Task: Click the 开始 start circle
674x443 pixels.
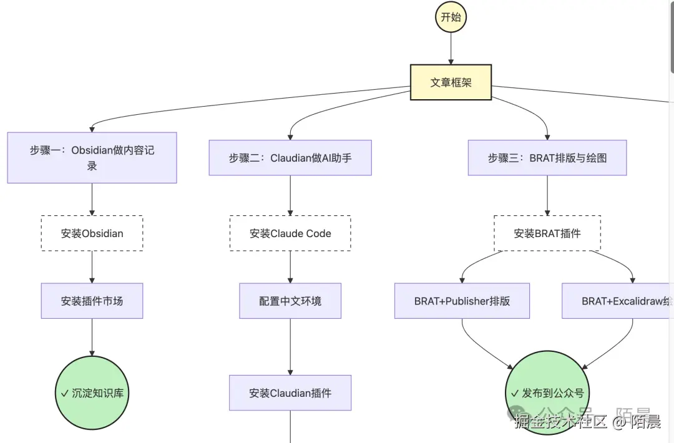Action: (451, 17)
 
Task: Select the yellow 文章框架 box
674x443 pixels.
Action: (451, 82)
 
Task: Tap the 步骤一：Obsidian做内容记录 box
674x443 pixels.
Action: (92, 157)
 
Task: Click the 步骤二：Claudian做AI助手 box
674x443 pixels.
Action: (290, 158)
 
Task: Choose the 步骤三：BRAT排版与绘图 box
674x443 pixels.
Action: (547, 158)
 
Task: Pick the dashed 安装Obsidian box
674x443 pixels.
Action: (92, 233)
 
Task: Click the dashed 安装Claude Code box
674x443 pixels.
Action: (290, 233)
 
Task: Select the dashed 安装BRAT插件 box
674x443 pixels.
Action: (547, 233)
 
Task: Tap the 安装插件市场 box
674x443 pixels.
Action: (92, 301)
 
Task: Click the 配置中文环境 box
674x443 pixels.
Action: (290, 301)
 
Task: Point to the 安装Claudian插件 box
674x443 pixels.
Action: (290, 392)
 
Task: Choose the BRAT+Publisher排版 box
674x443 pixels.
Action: (462, 301)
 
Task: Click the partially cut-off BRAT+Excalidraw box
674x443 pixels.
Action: (618, 301)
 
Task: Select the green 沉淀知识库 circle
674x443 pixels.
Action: (95, 392)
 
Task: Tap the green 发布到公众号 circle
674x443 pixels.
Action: (546, 392)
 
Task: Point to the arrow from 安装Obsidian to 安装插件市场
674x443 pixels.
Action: (92, 267)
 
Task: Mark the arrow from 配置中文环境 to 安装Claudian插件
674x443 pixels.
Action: (290, 346)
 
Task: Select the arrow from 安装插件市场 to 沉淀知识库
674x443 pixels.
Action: (92, 337)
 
